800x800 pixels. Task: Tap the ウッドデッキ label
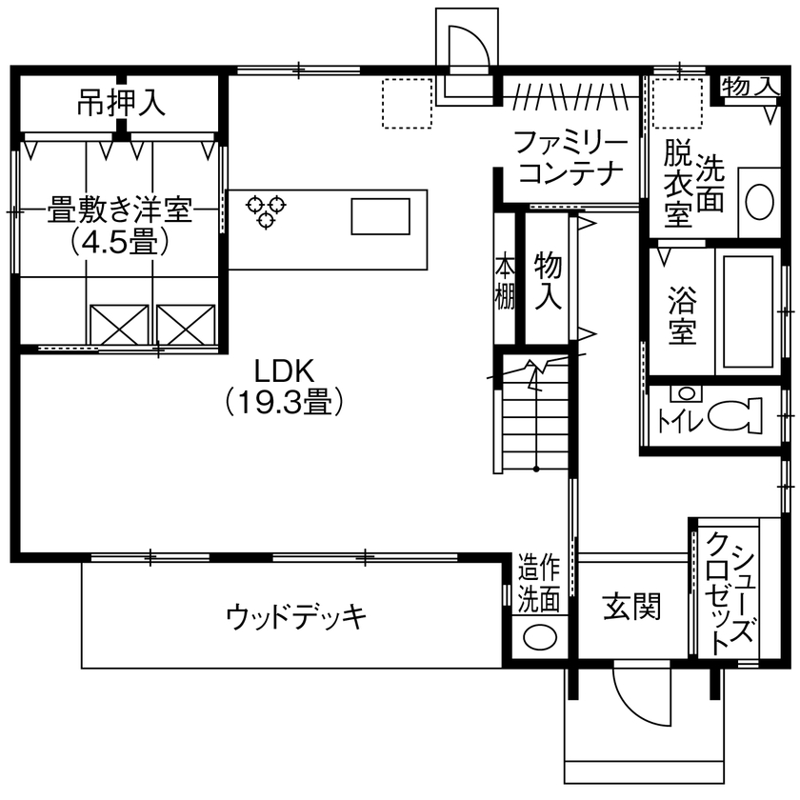296,617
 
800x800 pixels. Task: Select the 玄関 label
631,607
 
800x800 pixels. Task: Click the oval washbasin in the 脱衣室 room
759,202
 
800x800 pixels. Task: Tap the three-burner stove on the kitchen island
265,210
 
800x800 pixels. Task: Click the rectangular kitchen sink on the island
380,215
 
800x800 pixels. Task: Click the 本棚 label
504,281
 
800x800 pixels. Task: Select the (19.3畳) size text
283,402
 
